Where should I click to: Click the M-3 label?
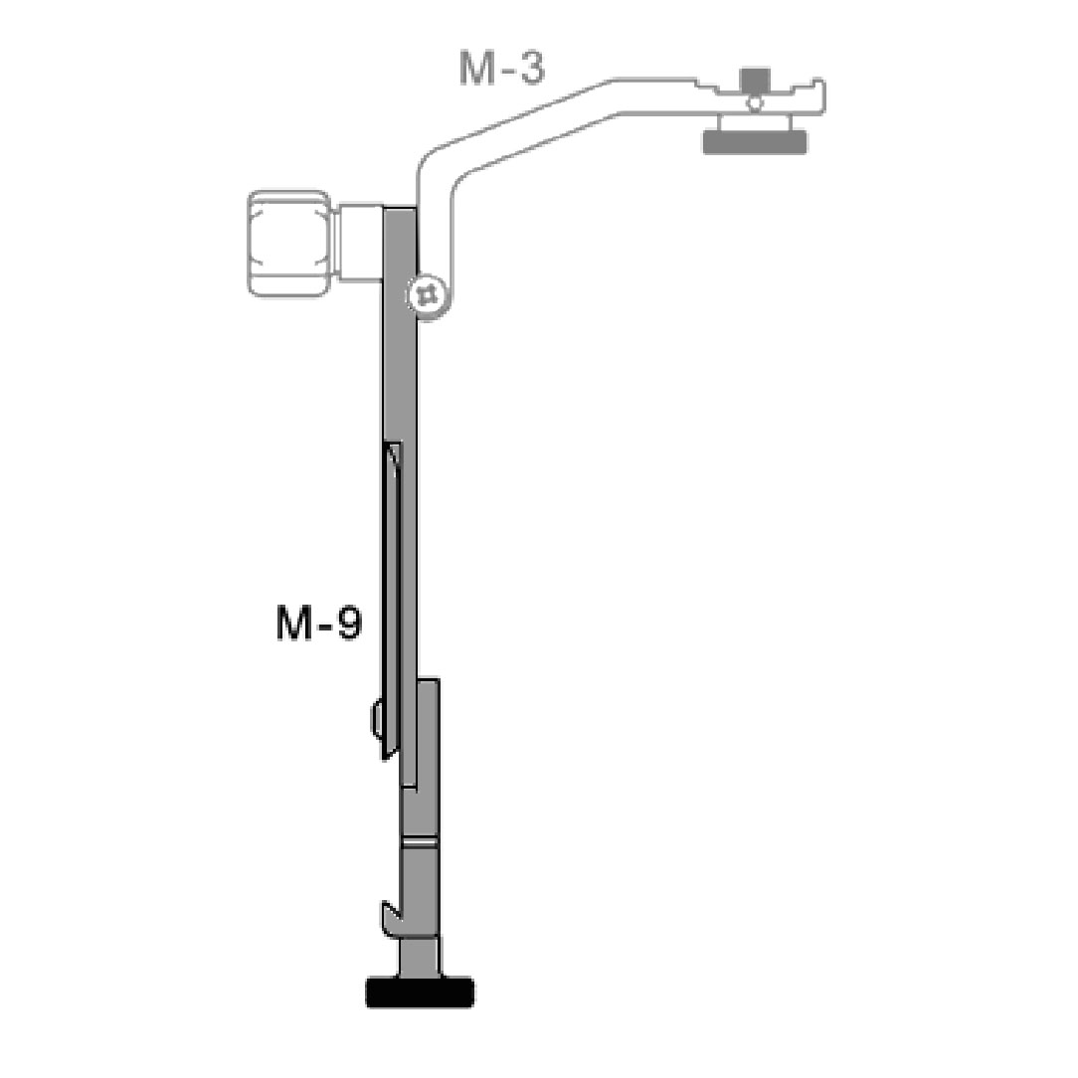pyautogui.click(x=502, y=69)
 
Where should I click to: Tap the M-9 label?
pyautogui.click(x=319, y=624)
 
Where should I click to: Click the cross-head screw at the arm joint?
pyautogui.click(x=429, y=295)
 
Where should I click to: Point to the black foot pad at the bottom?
pyautogui.click(x=420, y=992)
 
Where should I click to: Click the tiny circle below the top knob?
pyautogui.click(x=756, y=101)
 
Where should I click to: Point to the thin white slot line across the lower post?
pyautogui.click(x=420, y=842)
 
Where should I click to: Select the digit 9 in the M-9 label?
pyautogui.click(x=348, y=624)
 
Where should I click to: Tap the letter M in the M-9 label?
pyautogui.click(x=294, y=624)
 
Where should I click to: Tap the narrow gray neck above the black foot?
pyautogui.click(x=419, y=958)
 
